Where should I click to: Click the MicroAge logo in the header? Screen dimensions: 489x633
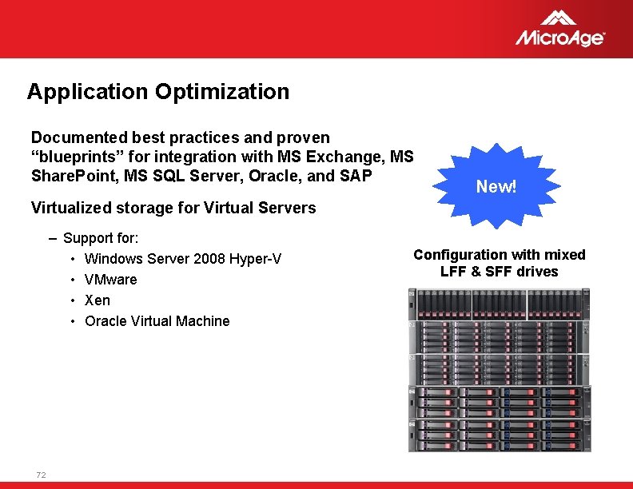[559, 30]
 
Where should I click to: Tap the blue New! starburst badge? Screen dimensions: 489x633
[496, 186]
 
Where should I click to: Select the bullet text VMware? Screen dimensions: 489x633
[110, 280]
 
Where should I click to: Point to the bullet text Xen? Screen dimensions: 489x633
[98, 300]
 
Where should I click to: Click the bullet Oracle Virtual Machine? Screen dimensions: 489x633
[157, 321]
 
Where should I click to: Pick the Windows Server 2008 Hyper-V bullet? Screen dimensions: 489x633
[182, 259]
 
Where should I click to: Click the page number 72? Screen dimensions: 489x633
[41, 475]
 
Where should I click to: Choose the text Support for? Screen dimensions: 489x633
[101, 238]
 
